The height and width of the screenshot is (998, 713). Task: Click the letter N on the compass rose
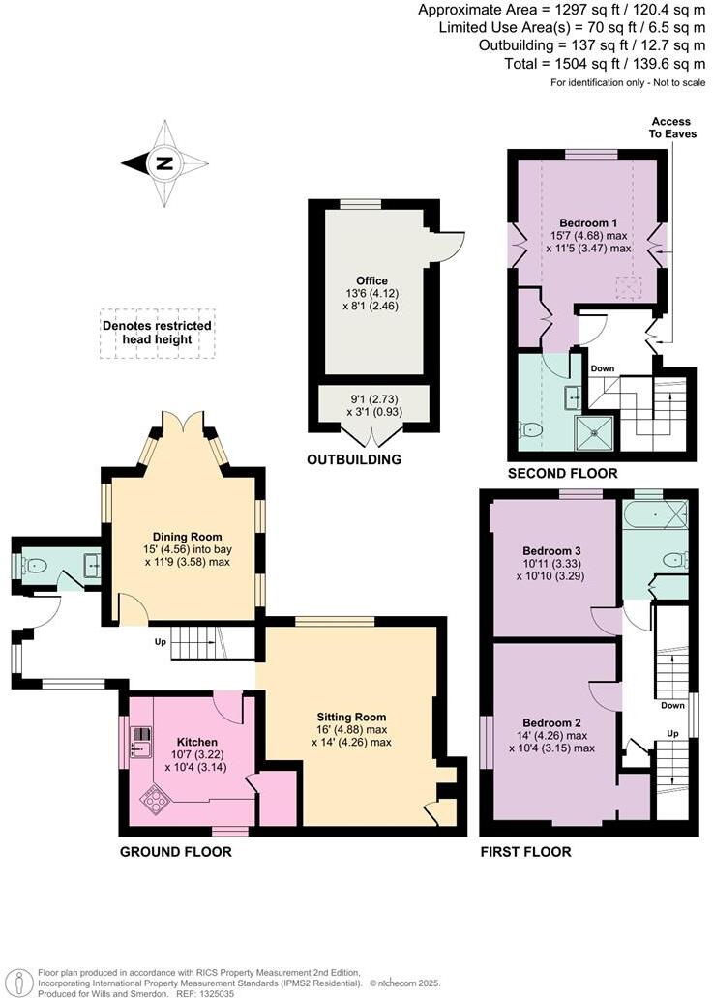(x=164, y=163)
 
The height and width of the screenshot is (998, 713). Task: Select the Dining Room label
(x=187, y=537)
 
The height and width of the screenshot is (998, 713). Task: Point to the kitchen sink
(x=141, y=741)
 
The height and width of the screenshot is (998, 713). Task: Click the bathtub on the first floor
(x=654, y=513)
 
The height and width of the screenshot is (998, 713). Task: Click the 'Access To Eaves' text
(x=670, y=128)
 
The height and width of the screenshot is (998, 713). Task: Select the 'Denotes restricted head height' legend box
(x=158, y=334)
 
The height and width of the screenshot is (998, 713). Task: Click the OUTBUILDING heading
(x=354, y=460)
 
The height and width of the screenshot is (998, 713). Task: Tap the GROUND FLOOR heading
(x=175, y=852)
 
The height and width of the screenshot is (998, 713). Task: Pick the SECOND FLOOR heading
(x=563, y=473)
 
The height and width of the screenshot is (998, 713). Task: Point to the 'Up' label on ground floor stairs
(x=160, y=641)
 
